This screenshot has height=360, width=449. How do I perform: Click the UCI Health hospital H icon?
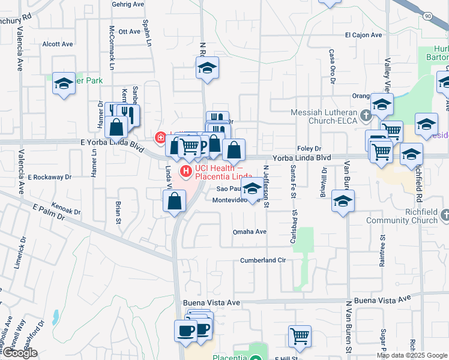click(185, 172)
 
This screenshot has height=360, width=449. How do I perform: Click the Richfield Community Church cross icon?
click(444, 214)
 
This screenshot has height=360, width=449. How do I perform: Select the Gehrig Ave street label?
click(128, 4)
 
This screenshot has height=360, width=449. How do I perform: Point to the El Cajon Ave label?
click(363, 35)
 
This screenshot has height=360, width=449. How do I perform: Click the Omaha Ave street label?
click(249, 232)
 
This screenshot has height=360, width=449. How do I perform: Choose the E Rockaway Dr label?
click(50, 178)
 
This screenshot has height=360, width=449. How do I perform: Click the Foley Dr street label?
click(310, 149)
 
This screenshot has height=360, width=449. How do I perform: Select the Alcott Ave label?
click(58, 44)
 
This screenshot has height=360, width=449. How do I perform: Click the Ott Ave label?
click(129, 31)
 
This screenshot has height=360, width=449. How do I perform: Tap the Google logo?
click(19, 353)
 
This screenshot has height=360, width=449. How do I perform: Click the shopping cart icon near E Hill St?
click(299, 335)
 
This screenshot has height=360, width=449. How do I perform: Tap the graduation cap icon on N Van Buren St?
click(343, 200)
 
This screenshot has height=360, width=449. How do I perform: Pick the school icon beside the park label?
click(63, 83)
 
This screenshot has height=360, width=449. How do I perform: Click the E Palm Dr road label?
click(46, 212)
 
